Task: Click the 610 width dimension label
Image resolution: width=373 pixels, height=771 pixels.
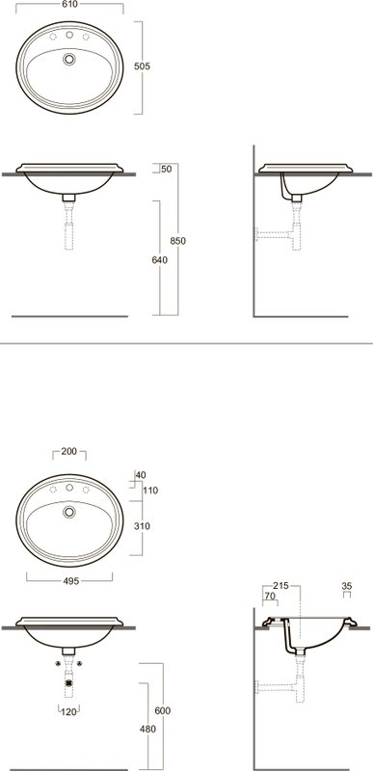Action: point(69,5)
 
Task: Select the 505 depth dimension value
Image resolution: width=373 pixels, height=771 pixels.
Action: point(142,66)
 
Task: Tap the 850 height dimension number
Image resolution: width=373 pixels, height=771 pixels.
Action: point(178,241)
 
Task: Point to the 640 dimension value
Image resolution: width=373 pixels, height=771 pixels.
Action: point(159,260)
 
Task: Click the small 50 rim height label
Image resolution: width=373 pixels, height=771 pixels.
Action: point(167,170)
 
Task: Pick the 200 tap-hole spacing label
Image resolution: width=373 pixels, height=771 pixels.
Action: point(69,451)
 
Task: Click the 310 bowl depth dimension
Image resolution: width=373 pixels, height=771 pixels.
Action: point(142,526)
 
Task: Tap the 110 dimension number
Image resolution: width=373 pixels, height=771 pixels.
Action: point(150,491)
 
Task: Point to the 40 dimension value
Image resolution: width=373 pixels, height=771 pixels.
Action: point(141,475)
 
